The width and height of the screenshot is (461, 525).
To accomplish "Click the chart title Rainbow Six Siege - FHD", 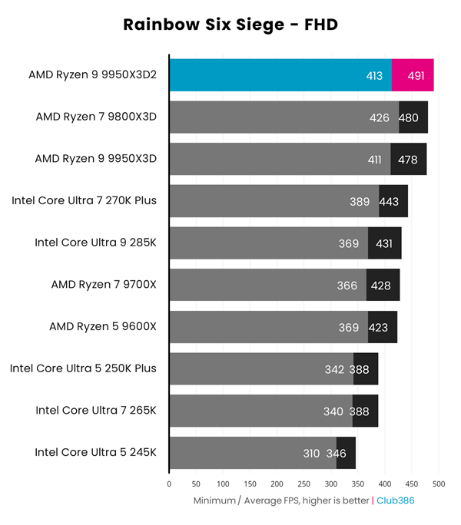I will pos(230,25).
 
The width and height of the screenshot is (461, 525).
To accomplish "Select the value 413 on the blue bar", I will pos(373,75).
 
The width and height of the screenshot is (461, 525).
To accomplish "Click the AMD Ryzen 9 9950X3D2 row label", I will pos(92,75).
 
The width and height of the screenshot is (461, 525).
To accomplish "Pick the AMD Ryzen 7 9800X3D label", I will pos(96,117).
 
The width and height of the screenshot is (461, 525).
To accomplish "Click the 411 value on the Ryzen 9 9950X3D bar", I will pos(373,159).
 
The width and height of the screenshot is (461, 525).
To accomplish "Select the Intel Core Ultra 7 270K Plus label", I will pos(85,201).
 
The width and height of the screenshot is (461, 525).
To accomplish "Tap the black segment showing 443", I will pos(389,201).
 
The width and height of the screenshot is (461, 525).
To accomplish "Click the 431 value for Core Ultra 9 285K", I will pos(383,243).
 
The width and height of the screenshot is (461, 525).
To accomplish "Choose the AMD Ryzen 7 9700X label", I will pos(104,285).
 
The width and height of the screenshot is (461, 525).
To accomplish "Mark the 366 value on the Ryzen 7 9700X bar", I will pos(347,286).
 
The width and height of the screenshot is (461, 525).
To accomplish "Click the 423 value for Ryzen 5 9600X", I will pos(379,327).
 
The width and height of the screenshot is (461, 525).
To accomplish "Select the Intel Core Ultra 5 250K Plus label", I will pos(83,368).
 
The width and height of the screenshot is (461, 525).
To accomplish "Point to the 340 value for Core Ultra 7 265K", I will pos(333,411).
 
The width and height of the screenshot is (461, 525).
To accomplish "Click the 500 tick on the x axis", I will pos(439,484).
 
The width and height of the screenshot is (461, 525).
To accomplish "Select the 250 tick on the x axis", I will pos(304,484).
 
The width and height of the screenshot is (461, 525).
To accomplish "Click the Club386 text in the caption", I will pos(398,500).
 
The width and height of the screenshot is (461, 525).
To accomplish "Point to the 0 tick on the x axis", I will pos(169,484).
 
